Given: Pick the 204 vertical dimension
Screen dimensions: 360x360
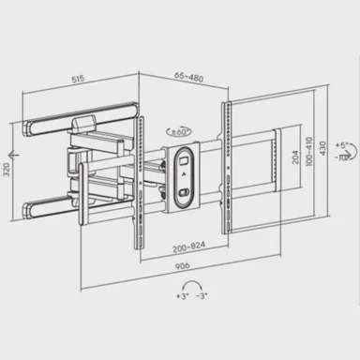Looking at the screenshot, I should pos(296,160).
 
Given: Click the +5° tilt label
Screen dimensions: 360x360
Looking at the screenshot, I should pos(343,147).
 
